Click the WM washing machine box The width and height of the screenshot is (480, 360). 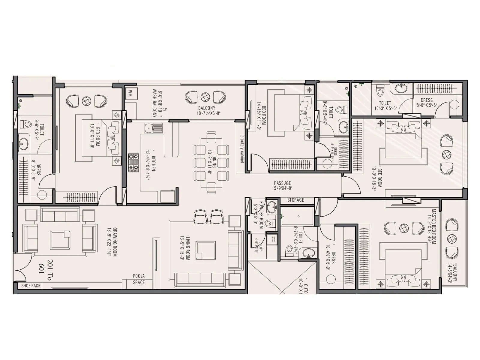click(x=130, y=94)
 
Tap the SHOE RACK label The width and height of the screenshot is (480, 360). click(x=31, y=286)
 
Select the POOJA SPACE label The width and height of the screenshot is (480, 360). click(x=139, y=279)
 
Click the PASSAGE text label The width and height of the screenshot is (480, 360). click(x=282, y=183)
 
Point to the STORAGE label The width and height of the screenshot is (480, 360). click(x=295, y=200)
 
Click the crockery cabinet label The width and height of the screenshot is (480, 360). click(x=242, y=149)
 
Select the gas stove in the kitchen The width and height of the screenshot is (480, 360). click(x=133, y=163)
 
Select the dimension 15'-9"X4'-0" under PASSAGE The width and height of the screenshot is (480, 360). click(x=282, y=188)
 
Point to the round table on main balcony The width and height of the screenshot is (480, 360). click(x=205, y=97)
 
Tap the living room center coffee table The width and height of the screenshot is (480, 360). click(x=205, y=250)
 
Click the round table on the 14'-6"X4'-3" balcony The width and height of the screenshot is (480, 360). click(x=451, y=239)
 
